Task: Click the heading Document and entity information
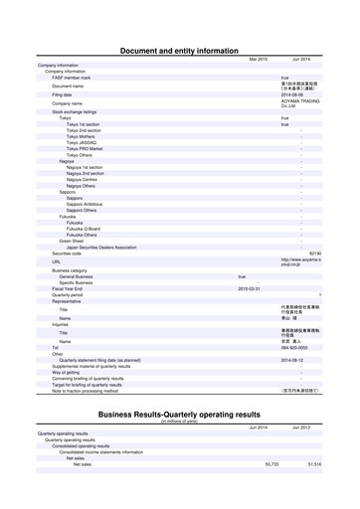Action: point(179,48)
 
